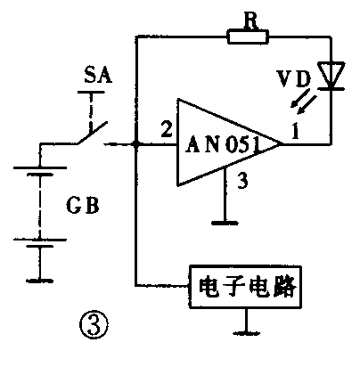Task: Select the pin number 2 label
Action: coord(164,130)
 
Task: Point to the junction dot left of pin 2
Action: coord(135,143)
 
